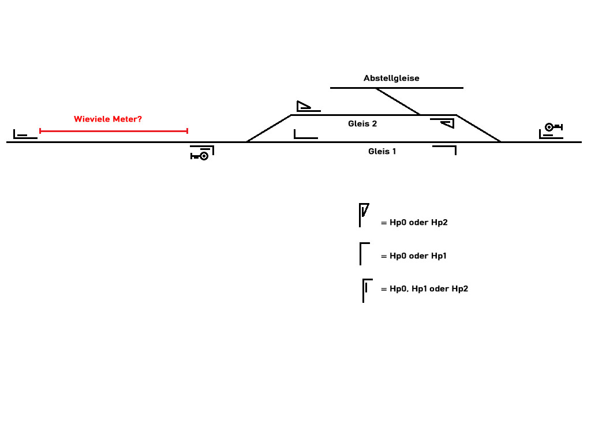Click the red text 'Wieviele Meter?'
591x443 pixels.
coord(108,119)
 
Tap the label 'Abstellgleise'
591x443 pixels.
coord(391,78)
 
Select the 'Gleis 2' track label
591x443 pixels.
coord(362,123)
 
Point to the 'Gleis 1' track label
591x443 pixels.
coord(382,151)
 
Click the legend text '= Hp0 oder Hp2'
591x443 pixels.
coord(414,222)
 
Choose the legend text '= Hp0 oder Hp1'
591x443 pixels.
coord(413,256)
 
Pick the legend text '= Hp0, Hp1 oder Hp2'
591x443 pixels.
coord(424,288)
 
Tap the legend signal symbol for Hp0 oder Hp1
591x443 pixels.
coord(363,253)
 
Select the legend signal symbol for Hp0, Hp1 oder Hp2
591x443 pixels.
coord(366,290)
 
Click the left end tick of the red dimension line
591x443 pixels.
coord(40,131)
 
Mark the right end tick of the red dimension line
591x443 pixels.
coord(187,131)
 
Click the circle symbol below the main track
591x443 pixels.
coord(203,156)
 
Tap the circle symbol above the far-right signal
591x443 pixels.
coord(549,127)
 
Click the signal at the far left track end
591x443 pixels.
coord(22,135)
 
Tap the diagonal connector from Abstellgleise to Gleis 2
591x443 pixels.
coord(398,101)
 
